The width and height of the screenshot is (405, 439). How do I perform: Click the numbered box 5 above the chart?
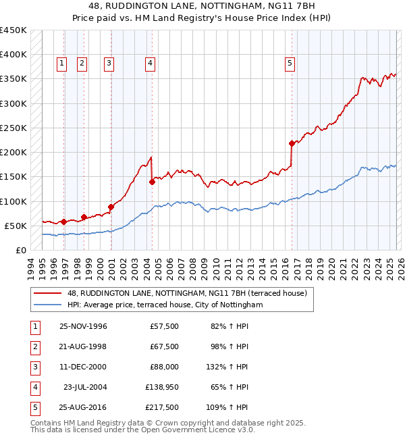point(290,63)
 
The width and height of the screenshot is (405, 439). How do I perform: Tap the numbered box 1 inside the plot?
point(61,63)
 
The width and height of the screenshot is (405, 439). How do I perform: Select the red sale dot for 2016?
point(292,143)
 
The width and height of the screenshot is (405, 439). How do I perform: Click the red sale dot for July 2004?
point(152,181)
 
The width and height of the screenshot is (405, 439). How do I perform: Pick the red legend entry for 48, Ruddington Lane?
point(187,293)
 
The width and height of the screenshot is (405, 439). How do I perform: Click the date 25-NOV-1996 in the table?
point(83,326)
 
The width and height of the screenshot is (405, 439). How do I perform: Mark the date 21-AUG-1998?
point(83,346)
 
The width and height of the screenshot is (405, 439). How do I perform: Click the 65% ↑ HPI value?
point(230,387)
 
